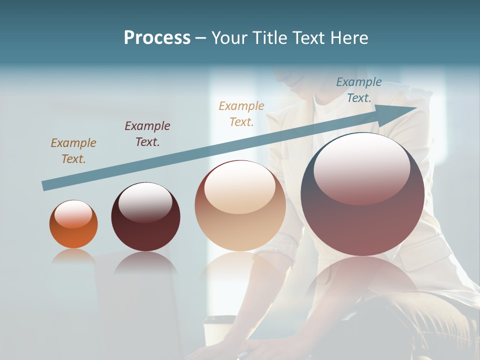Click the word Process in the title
[157, 37]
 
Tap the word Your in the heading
[230, 37]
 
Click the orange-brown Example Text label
[73, 150]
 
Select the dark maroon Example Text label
[147, 133]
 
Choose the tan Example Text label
[241, 113]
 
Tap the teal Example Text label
[359, 90]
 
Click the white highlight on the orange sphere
[73, 214]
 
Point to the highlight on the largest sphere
[361, 169]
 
